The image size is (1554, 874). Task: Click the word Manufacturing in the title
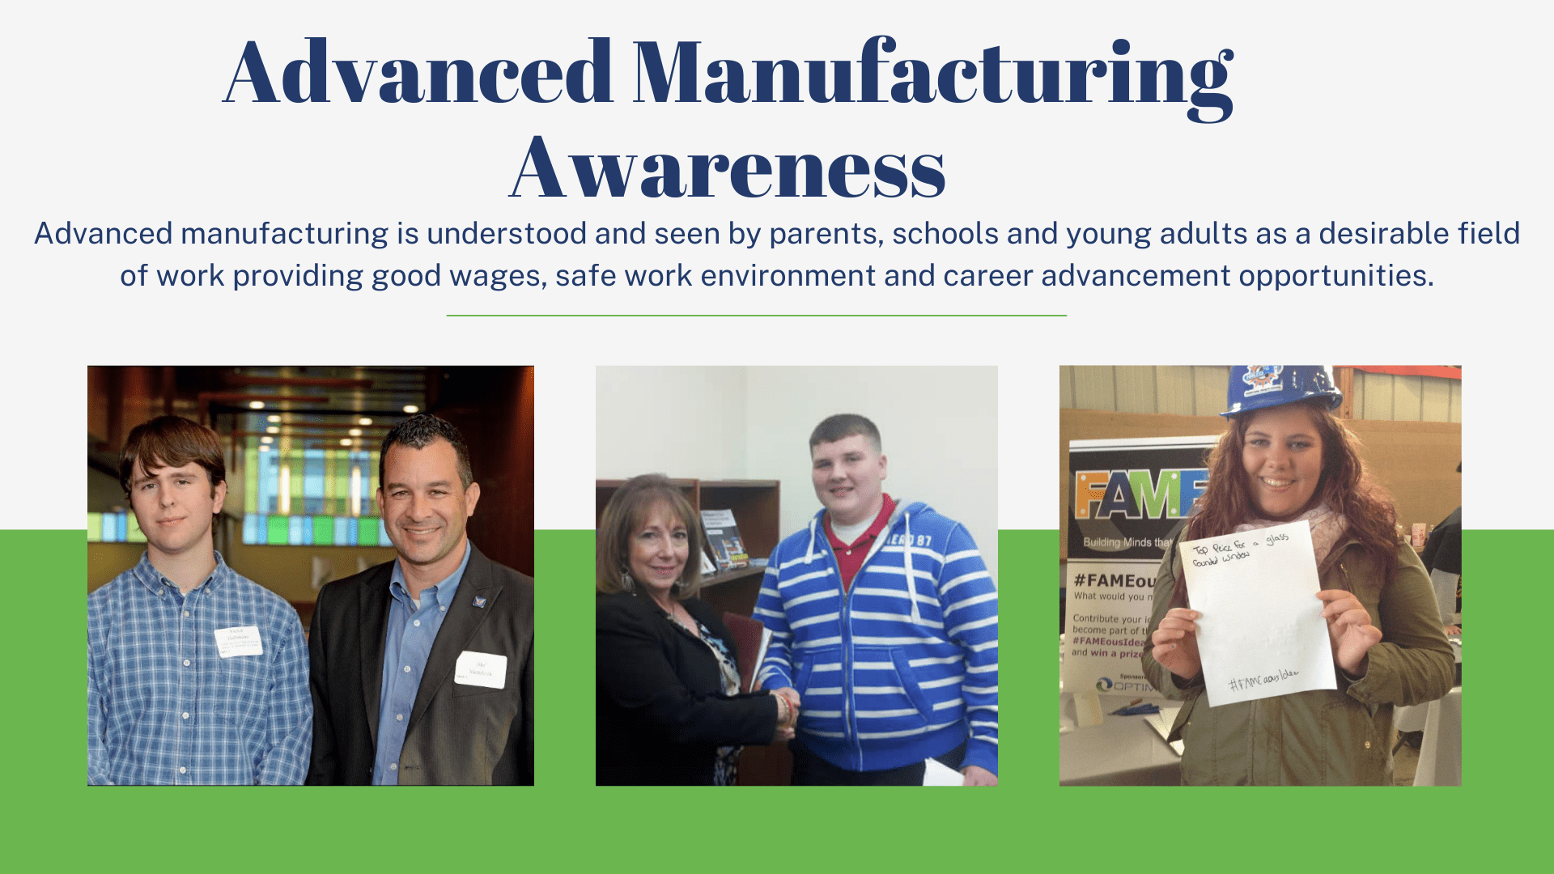point(932,74)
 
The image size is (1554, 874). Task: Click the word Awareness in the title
point(728,168)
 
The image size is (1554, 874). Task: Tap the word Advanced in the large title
point(418,74)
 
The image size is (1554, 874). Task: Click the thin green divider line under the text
point(756,316)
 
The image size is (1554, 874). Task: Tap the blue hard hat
point(1278,389)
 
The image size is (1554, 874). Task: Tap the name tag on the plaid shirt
point(239,641)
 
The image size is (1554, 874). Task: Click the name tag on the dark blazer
point(481,670)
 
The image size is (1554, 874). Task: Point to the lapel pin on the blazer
point(480,601)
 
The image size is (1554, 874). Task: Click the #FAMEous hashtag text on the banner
point(1113,581)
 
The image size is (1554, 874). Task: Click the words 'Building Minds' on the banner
point(1117,542)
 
